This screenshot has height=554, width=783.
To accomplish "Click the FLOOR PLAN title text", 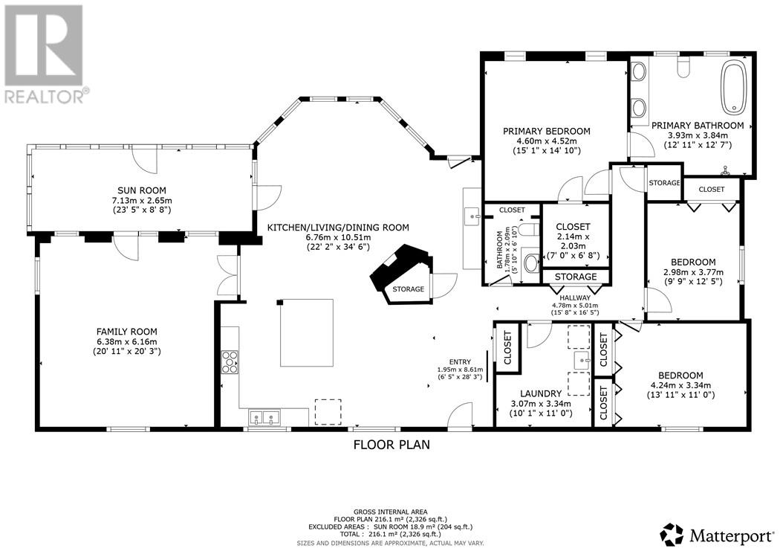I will coord(391,445).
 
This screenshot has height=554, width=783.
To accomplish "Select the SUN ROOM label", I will coord(141,190).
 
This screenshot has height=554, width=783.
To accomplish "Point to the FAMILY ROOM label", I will coord(127,332).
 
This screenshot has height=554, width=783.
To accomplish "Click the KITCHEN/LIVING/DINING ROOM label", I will coord(339,228).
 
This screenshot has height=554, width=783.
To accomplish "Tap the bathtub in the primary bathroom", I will coord(732,87).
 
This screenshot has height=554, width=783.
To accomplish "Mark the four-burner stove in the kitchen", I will coord(230,362).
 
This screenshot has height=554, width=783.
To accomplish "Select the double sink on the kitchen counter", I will coord(264,417).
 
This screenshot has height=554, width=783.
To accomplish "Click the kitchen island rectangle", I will coord(306,332).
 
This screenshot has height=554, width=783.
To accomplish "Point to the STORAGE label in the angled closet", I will coord(409,289).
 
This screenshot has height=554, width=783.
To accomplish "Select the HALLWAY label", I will coord(576,297).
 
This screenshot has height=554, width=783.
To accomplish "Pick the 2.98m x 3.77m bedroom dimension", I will coord(692,271).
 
